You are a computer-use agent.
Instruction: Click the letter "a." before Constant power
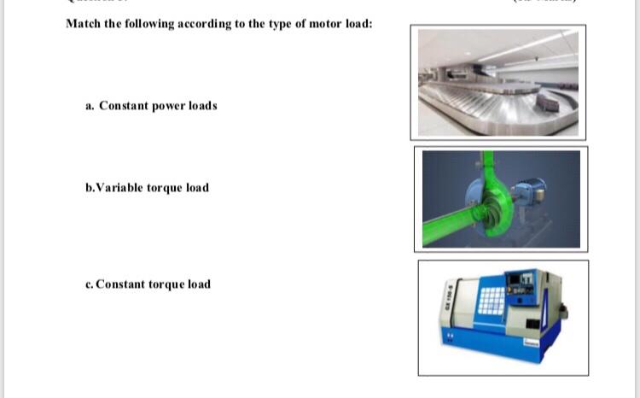click(x=90, y=106)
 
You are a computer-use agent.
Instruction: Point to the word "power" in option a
click(x=169, y=106)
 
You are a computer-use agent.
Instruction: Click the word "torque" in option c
click(x=166, y=284)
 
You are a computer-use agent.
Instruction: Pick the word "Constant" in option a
click(x=124, y=106)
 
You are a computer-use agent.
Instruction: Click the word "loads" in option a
click(x=203, y=106)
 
